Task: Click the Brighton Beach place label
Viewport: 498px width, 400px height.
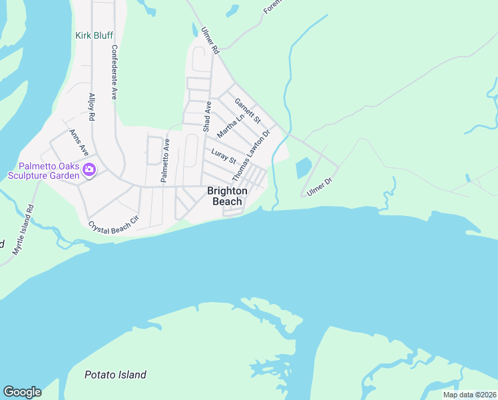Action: coord(227,196)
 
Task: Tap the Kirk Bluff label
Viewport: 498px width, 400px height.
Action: coord(94,35)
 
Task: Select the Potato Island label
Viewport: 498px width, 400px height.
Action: coord(115,375)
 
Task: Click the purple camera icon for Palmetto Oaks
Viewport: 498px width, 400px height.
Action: coord(89,171)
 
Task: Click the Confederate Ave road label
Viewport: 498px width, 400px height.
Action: coord(114,72)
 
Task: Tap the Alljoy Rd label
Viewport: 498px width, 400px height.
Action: coord(92,107)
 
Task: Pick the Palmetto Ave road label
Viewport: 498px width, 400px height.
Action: coord(164,160)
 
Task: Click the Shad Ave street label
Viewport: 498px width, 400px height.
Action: coord(207,116)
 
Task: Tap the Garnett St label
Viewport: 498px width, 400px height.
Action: coord(246,110)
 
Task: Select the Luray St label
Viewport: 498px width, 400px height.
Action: coord(224,157)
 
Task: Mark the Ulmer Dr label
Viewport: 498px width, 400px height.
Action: coord(319,187)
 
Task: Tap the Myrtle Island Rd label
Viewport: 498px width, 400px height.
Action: coord(23,230)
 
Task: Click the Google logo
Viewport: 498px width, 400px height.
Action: coord(22,392)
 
